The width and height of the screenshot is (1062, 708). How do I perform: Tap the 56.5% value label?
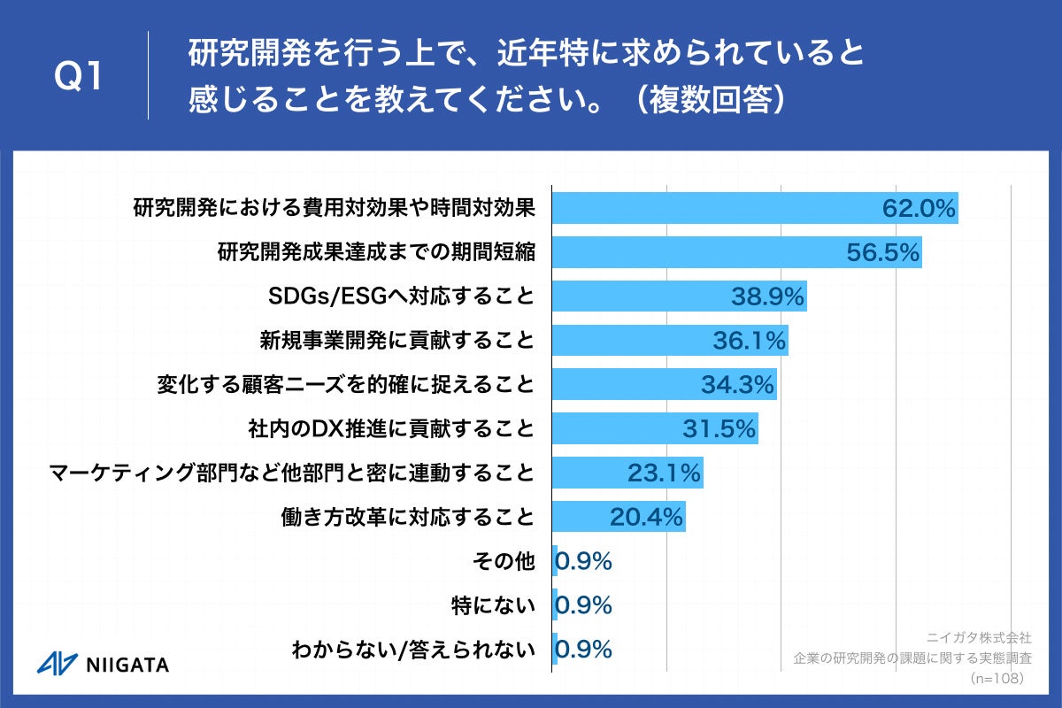[883, 253]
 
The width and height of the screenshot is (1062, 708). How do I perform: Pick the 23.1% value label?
[665, 473]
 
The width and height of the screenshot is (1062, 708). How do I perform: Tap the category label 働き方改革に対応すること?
[406, 517]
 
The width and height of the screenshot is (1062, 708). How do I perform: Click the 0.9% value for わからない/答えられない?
[584, 650]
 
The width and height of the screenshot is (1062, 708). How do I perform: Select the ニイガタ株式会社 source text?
[979, 636]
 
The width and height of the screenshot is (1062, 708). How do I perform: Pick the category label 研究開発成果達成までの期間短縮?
[376, 253]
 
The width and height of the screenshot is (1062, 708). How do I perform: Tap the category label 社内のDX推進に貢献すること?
[392, 429]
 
